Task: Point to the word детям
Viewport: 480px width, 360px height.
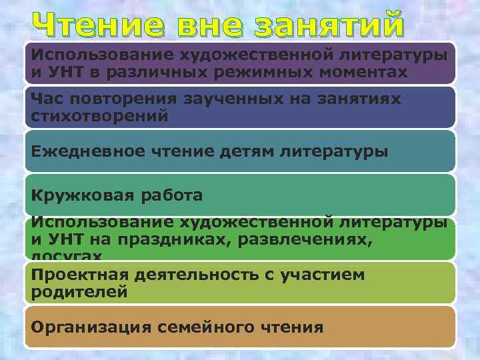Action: coord(247,151)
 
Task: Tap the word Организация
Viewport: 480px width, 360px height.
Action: coord(89,327)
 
